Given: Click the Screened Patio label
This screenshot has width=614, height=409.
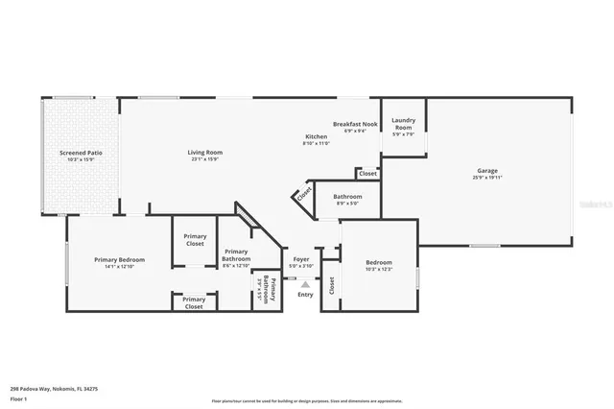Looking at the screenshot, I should pyautogui.click(x=81, y=153).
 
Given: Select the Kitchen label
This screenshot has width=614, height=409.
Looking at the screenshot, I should pyautogui.click(x=316, y=137).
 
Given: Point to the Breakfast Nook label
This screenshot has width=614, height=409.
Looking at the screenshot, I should pyautogui.click(x=355, y=124).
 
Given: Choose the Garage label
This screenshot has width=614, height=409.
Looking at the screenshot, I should pyautogui.click(x=486, y=170).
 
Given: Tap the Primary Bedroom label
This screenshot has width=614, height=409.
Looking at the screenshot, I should pyautogui.click(x=119, y=260).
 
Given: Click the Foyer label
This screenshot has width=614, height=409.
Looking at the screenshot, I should pyautogui.click(x=300, y=260).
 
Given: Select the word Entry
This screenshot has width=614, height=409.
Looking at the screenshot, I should pyautogui.click(x=305, y=294).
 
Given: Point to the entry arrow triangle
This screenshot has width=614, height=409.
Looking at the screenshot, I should pyautogui.click(x=305, y=284).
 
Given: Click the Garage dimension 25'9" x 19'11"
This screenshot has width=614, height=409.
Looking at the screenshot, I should pyautogui.click(x=486, y=178).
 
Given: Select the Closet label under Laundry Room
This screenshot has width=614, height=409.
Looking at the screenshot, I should pyautogui.click(x=368, y=174).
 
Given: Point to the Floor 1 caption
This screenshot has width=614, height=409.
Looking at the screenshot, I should pyautogui.click(x=19, y=397).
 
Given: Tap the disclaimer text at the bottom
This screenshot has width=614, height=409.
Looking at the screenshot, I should pyautogui.click(x=307, y=401).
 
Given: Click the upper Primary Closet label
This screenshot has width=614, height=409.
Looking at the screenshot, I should pyautogui.click(x=195, y=239).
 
